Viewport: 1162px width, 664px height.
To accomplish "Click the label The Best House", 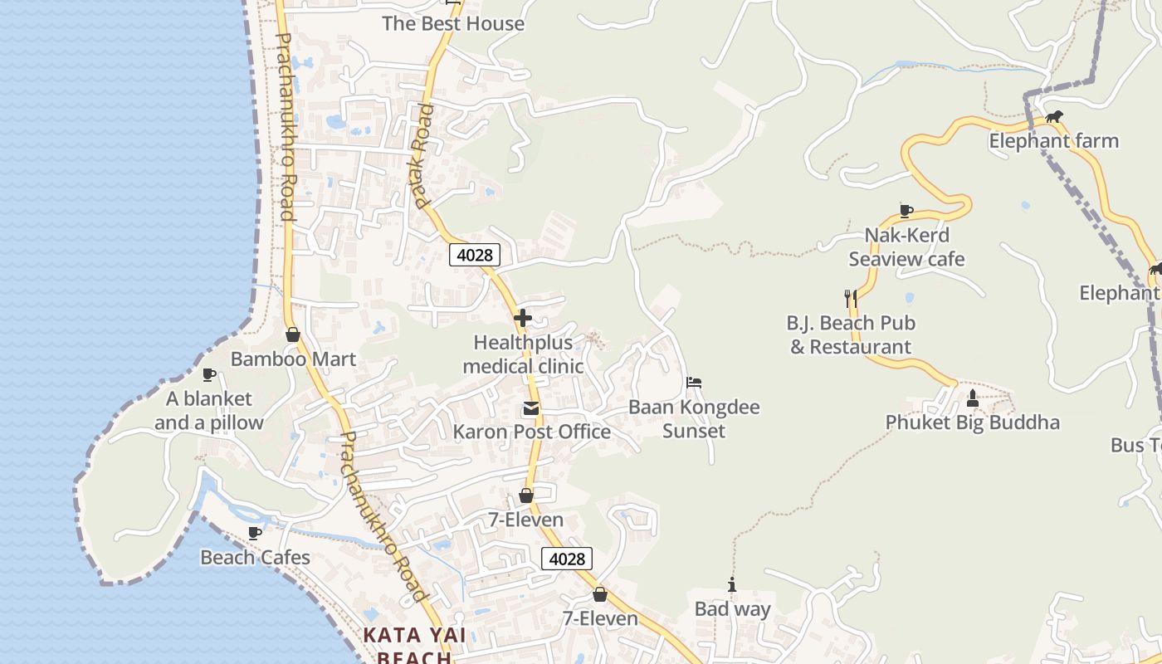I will tap(453, 23).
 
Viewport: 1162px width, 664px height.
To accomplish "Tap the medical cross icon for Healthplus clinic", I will tap(523, 318).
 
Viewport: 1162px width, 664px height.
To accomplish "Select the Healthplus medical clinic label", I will tap(523, 354).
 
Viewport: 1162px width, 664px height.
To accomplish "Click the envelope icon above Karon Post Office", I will tap(530, 408).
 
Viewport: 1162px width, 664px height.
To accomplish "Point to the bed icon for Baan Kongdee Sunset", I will tap(694, 383).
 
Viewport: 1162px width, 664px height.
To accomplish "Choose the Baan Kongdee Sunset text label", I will tap(694, 419).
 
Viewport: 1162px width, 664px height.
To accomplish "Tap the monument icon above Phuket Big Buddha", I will tap(973, 398).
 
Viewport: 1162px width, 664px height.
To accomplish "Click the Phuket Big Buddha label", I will tap(972, 422).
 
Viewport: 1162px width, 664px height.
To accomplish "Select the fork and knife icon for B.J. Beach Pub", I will tap(850, 298).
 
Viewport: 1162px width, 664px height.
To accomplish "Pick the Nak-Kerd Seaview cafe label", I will tap(906, 247).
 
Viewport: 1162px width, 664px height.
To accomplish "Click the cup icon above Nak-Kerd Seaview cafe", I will tap(906, 211).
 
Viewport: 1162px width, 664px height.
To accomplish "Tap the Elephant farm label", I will tap(1053, 141).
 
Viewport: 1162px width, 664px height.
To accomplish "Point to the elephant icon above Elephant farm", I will tap(1054, 117).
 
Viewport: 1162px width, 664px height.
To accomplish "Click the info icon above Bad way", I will tap(731, 585).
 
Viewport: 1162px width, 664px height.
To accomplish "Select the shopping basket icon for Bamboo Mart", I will tap(292, 334).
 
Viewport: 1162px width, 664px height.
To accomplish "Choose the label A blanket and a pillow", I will tap(208, 411).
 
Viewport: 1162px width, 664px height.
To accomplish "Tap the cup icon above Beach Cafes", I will tap(255, 533).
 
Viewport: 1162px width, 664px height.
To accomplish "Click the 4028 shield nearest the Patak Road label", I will tap(475, 255).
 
